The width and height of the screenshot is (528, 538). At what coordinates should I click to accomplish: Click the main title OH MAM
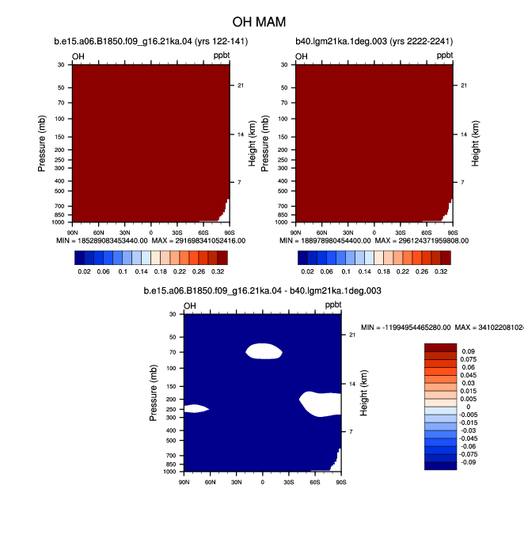[x=259, y=22]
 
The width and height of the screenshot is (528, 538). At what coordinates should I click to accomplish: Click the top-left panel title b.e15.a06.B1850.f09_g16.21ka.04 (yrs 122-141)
[x=151, y=41]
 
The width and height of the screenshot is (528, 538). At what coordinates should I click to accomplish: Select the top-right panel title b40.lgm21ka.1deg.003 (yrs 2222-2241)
[x=374, y=41]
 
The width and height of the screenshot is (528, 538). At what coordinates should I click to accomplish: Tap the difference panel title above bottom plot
[x=262, y=291]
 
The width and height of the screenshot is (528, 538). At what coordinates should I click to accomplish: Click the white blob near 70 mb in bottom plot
[x=264, y=351]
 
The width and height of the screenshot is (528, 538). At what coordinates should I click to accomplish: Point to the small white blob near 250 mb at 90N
[x=196, y=408]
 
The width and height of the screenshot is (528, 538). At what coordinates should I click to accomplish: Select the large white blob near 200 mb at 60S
[x=321, y=404]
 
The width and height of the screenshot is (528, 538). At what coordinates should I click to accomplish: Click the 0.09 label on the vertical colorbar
[x=469, y=351]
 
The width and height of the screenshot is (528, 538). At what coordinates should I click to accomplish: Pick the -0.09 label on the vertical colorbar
[x=468, y=462]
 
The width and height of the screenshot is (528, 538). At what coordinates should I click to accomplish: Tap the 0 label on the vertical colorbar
[x=469, y=407]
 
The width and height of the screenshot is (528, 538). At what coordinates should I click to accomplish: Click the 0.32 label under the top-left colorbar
[x=218, y=271]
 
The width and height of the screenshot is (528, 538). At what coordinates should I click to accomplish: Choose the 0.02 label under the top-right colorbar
[x=307, y=271]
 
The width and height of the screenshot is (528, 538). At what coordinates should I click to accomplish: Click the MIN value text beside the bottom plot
[x=406, y=328]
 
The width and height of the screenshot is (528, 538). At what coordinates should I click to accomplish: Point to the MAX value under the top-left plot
[x=199, y=241]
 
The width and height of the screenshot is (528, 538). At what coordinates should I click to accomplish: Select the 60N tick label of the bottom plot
[x=210, y=482]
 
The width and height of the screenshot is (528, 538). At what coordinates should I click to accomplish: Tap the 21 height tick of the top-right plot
[x=464, y=85]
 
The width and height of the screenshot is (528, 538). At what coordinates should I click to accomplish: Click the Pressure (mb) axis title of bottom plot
[x=153, y=393]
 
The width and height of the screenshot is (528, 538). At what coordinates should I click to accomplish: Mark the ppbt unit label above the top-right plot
[x=445, y=55]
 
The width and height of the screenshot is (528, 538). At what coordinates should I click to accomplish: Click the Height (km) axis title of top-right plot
[x=475, y=143]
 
